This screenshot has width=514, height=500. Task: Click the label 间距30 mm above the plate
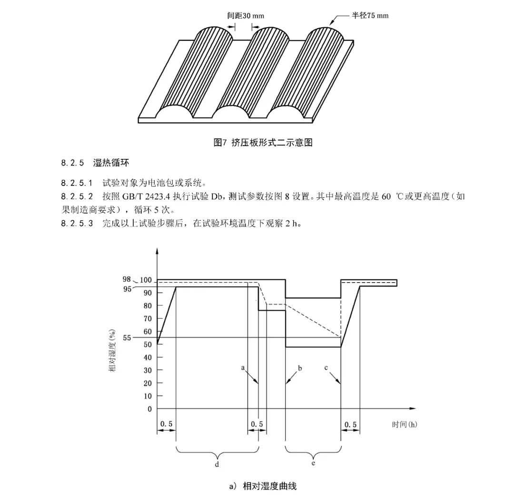point(246,16)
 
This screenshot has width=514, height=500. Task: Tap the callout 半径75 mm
point(370,16)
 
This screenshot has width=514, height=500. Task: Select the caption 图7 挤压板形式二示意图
point(263,142)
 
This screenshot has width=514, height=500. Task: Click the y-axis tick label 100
point(146,280)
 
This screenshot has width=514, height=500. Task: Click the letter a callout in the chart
point(243,367)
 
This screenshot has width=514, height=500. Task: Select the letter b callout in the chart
point(300,367)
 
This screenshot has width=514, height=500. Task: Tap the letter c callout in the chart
point(326,367)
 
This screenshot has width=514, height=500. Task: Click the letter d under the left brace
point(217,464)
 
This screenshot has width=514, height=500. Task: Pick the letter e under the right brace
point(313,464)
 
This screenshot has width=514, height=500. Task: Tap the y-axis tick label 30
point(148,370)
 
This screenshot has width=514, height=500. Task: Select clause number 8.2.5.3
point(78,224)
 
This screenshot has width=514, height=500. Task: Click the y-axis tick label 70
point(148,318)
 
